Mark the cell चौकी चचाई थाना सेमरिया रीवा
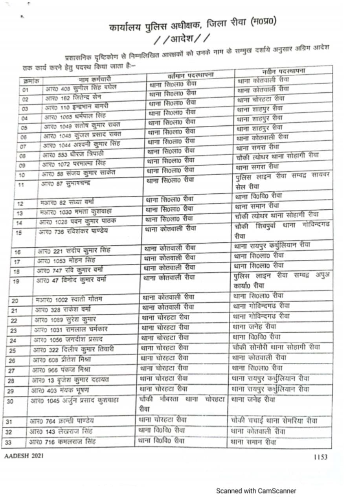point(274,421)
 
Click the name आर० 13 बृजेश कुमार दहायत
point(70,380)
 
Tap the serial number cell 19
point(17,281)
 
